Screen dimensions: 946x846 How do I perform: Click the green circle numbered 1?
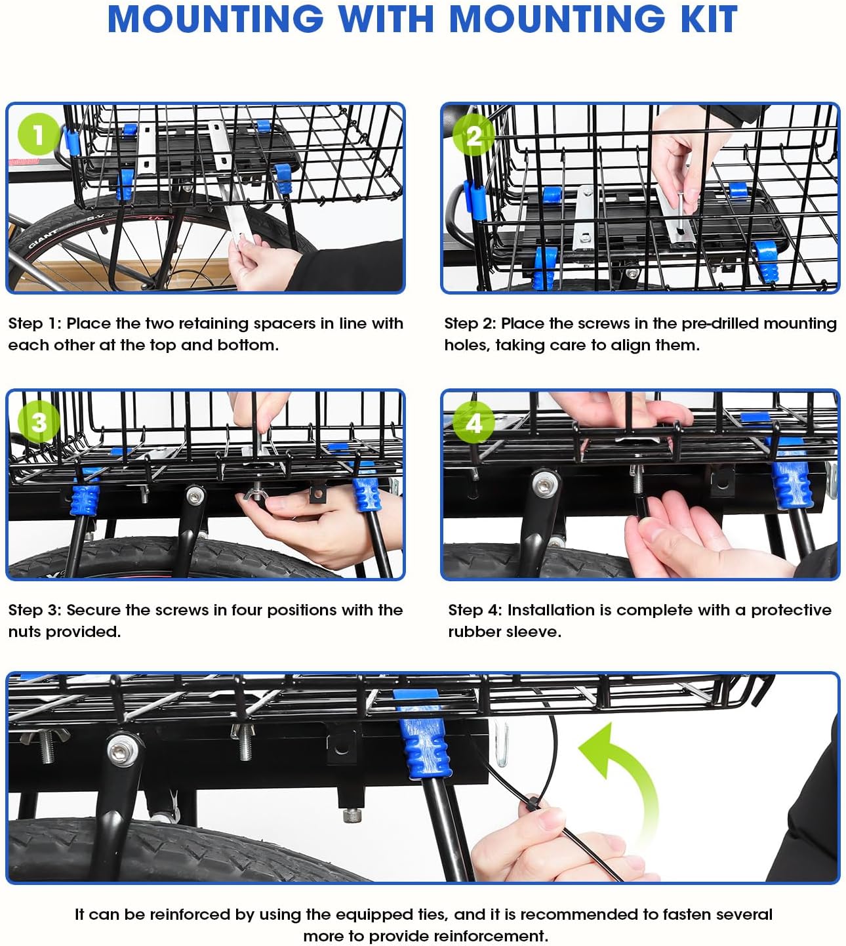coord(38,134)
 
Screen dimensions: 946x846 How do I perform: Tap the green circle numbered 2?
coord(473,135)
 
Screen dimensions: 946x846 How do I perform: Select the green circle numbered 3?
coord(39,421)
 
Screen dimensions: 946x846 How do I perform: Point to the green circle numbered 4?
coord(473,423)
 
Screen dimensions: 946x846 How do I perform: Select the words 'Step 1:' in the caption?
coord(35,323)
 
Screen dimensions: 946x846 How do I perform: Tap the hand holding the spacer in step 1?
coord(259,259)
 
